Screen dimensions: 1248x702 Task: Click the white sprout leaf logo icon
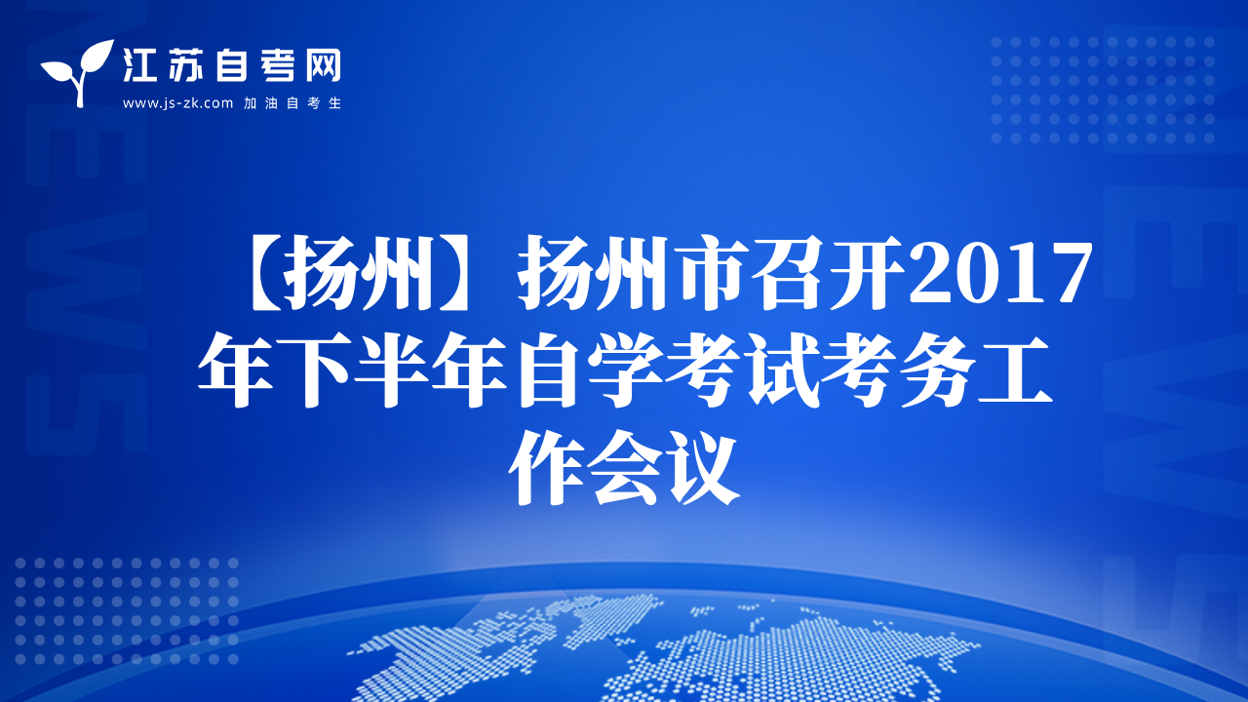click(x=78, y=72)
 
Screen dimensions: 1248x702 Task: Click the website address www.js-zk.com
click(x=177, y=103)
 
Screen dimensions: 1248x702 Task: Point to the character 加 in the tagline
click(x=250, y=103)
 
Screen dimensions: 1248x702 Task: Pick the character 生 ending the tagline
click(x=334, y=103)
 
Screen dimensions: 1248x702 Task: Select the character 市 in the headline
click(x=711, y=272)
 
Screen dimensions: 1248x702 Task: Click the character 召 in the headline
click(x=790, y=272)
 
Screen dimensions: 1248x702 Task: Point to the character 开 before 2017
click(x=868, y=272)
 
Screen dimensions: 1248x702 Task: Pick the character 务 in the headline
click(x=937, y=370)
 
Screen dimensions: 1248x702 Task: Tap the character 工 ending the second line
click(x=1015, y=370)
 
